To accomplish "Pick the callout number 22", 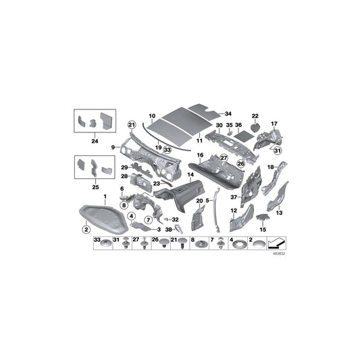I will [255, 115].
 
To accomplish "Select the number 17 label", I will [274, 124].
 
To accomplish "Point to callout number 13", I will [278, 212].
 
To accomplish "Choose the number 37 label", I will [234, 197].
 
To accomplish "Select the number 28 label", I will [124, 176].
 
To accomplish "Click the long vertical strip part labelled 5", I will [215, 209].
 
